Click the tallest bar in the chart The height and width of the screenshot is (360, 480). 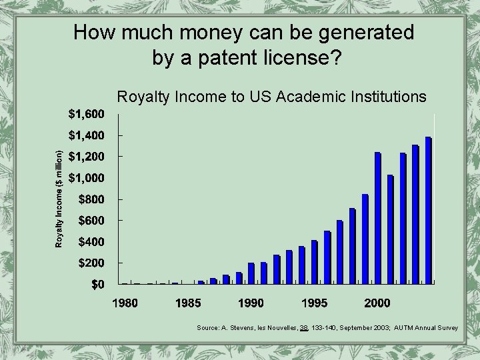pyautogui.click(x=428, y=211)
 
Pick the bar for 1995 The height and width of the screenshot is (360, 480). pyautogui.click(x=315, y=262)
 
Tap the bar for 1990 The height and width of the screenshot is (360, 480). pyautogui.click(x=251, y=273)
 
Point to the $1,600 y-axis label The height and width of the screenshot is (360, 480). pyautogui.click(x=86, y=114)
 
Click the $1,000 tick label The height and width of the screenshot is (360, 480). pyautogui.click(x=86, y=178)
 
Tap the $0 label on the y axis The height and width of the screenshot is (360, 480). pyautogui.click(x=97, y=285)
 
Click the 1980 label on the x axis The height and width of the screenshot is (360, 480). pyautogui.click(x=125, y=303)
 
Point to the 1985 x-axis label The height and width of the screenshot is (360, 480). pyautogui.click(x=188, y=303)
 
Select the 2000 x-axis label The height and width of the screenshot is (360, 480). pyautogui.click(x=377, y=303)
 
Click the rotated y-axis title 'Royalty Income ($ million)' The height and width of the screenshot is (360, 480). pyautogui.click(x=59, y=199)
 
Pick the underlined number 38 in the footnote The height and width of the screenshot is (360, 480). pyautogui.click(x=304, y=328)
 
